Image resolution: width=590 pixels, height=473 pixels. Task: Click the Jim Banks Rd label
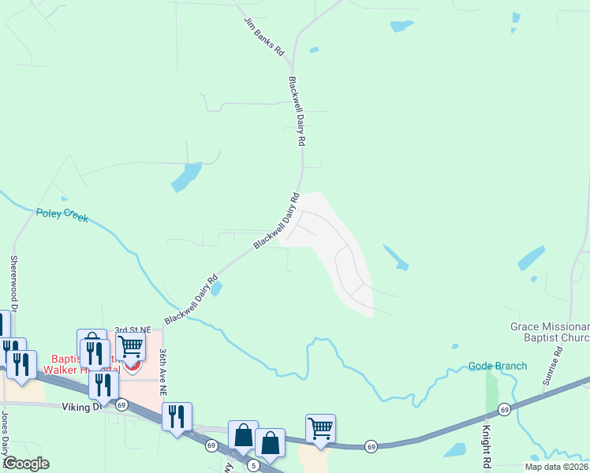coord(263,37)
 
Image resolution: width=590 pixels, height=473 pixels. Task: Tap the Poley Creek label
coord(62,214)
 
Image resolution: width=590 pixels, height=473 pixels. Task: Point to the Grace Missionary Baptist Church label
coord(549,332)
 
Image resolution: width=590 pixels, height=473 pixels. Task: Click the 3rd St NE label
coord(132,330)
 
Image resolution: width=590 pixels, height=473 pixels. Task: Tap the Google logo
coord(26,464)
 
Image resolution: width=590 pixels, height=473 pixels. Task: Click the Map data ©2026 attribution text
coord(557,467)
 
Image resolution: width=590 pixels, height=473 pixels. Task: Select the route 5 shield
coord(253,466)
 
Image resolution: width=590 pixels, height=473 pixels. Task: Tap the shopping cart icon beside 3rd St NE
coord(130,345)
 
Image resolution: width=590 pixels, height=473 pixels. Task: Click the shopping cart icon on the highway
coord(320,428)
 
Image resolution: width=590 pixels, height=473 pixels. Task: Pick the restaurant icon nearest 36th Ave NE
coord(177,415)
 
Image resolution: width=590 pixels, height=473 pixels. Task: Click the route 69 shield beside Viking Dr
coord(121,404)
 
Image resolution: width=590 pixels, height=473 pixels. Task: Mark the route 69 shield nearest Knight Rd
coord(503,408)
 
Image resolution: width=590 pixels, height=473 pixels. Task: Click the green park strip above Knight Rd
coord(492,389)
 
